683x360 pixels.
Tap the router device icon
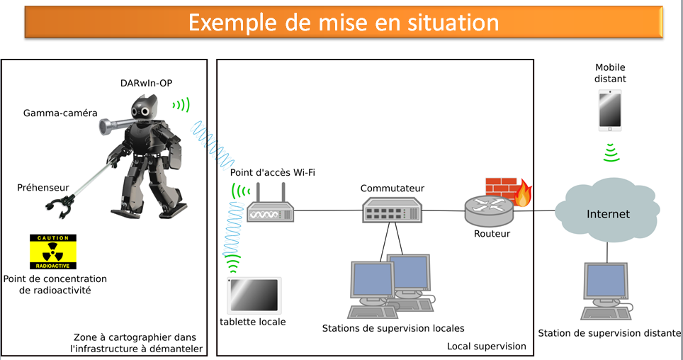(x=489, y=210)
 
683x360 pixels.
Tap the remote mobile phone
(x=610, y=111)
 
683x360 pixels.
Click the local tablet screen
(x=254, y=295)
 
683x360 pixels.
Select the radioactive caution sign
(x=53, y=252)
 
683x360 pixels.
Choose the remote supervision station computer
(x=606, y=291)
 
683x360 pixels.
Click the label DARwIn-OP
(x=147, y=83)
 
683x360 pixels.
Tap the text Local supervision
(x=487, y=346)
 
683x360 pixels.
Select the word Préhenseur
(x=43, y=187)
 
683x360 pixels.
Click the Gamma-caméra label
(x=60, y=113)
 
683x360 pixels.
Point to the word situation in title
(x=453, y=22)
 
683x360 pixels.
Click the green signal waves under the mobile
(x=611, y=152)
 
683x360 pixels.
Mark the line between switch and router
(x=444, y=211)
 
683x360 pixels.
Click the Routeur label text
(x=492, y=234)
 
